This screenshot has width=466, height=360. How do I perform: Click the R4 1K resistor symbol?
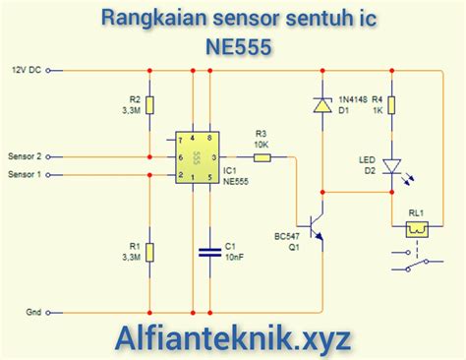click(x=392, y=105)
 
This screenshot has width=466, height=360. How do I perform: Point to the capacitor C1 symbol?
click(x=208, y=252)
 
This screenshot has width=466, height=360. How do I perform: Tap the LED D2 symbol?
click(x=392, y=168)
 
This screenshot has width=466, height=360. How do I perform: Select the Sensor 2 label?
click(x=26, y=156)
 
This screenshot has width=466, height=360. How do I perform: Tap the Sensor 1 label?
click(x=26, y=175)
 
